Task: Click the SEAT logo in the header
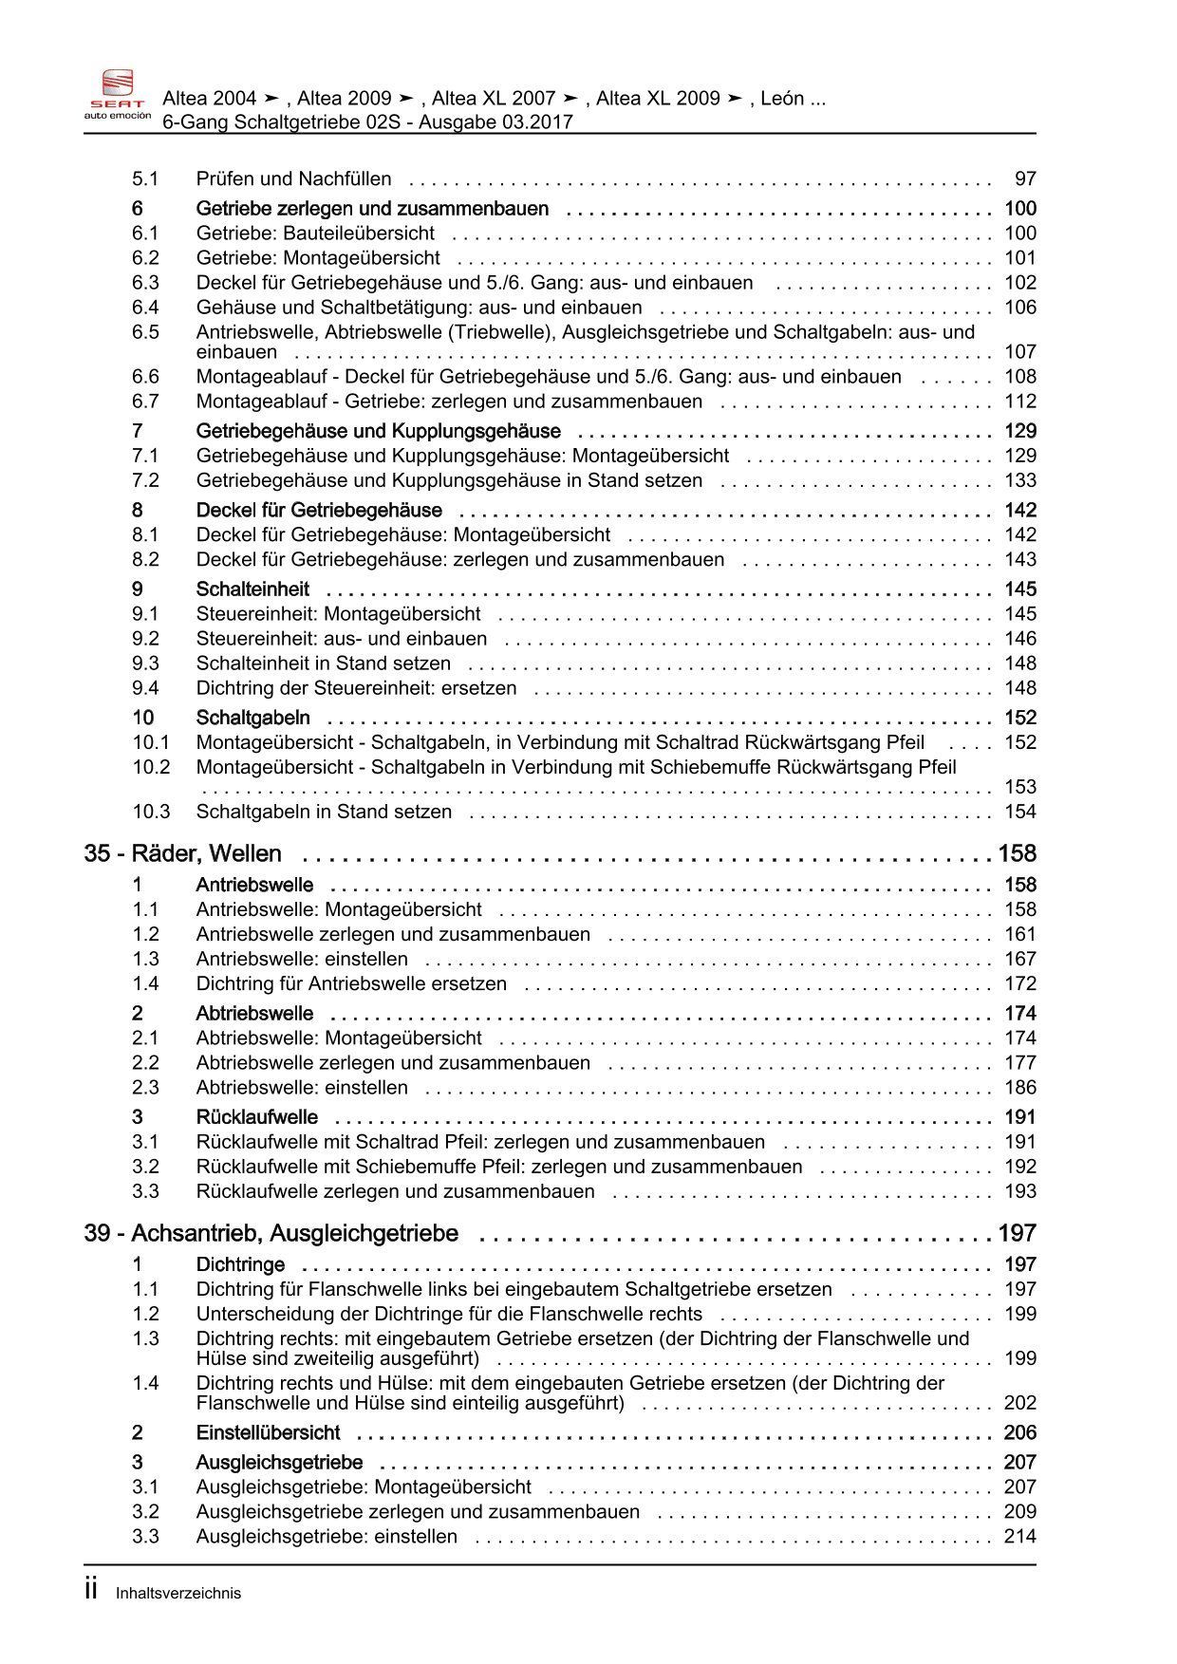(117, 95)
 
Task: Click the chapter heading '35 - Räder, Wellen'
(182, 853)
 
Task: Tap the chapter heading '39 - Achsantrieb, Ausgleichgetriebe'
(271, 1233)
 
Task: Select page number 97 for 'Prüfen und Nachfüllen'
(1025, 178)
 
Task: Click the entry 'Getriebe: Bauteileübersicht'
(315, 234)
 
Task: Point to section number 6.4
(145, 308)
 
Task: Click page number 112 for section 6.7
(1020, 402)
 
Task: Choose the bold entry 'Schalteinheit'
(252, 589)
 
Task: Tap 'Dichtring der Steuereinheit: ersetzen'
(356, 688)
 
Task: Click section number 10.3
(150, 812)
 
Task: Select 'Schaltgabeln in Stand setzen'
(324, 812)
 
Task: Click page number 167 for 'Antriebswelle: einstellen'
(1020, 959)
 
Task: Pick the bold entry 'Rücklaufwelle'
(256, 1117)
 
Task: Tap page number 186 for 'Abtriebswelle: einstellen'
(1020, 1088)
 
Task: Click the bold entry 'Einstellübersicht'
(268, 1432)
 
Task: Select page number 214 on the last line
(1020, 1536)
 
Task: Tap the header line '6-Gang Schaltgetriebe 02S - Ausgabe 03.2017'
(367, 122)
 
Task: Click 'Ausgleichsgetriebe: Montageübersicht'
(364, 1486)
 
